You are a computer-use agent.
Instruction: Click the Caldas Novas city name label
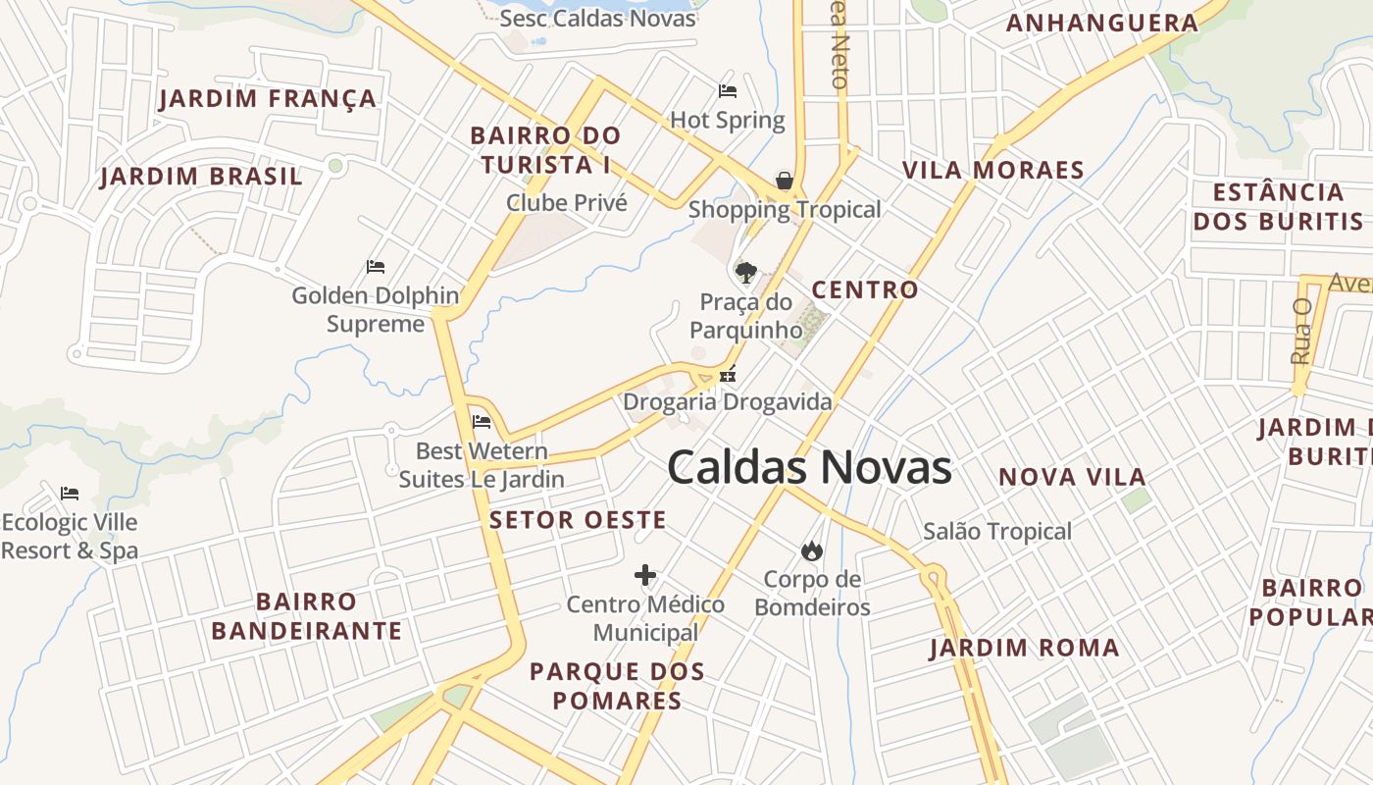click(x=809, y=468)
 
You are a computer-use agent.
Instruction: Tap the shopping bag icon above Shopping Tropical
click(x=785, y=181)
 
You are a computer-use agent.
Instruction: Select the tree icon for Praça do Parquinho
click(x=746, y=272)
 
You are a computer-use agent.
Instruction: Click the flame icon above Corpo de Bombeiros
click(x=811, y=550)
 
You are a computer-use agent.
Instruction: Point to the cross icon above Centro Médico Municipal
click(x=645, y=575)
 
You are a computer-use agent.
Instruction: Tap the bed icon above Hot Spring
click(x=728, y=91)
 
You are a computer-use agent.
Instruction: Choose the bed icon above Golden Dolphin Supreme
click(x=376, y=266)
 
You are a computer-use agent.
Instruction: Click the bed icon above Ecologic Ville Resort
click(x=69, y=493)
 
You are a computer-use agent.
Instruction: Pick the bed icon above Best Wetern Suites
click(x=482, y=422)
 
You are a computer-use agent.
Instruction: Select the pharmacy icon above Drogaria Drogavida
click(x=728, y=373)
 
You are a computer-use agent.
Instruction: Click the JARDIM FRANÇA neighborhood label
click(x=268, y=99)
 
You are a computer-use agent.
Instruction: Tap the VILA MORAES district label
click(x=992, y=170)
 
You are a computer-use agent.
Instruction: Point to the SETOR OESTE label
click(x=578, y=520)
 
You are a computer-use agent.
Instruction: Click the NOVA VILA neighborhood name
click(x=1072, y=478)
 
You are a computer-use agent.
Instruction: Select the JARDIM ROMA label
click(x=1024, y=648)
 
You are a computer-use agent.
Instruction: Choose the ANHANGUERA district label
click(x=1102, y=24)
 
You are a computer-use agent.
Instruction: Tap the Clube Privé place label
click(x=566, y=203)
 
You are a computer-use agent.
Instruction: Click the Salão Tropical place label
click(x=997, y=532)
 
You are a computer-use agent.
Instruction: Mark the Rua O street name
click(x=1301, y=331)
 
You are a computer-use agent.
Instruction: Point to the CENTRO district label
click(x=865, y=290)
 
